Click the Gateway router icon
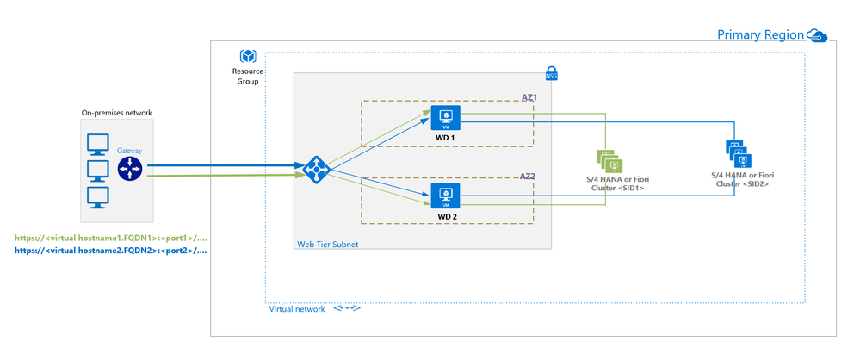tap(130, 169)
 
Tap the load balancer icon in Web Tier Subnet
tap(316, 170)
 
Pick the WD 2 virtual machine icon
tap(445, 196)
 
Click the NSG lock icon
tap(551, 75)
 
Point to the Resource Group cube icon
tap(248, 57)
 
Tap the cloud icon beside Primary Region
tap(817, 35)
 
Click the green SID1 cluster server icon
tap(609, 160)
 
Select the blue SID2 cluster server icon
tap(739, 153)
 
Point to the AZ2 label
tap(527, 177)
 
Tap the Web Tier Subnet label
tap(327, 244)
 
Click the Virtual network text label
tap(297, 309)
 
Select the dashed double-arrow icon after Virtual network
tap(347, 308)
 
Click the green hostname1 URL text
tap(111, 239)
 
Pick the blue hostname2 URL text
tap(111, 251)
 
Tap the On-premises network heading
tap(117, 113)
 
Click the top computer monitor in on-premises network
tap(98, 145)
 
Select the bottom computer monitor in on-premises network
tap(98, 197)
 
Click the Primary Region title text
tap(760, 35)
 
